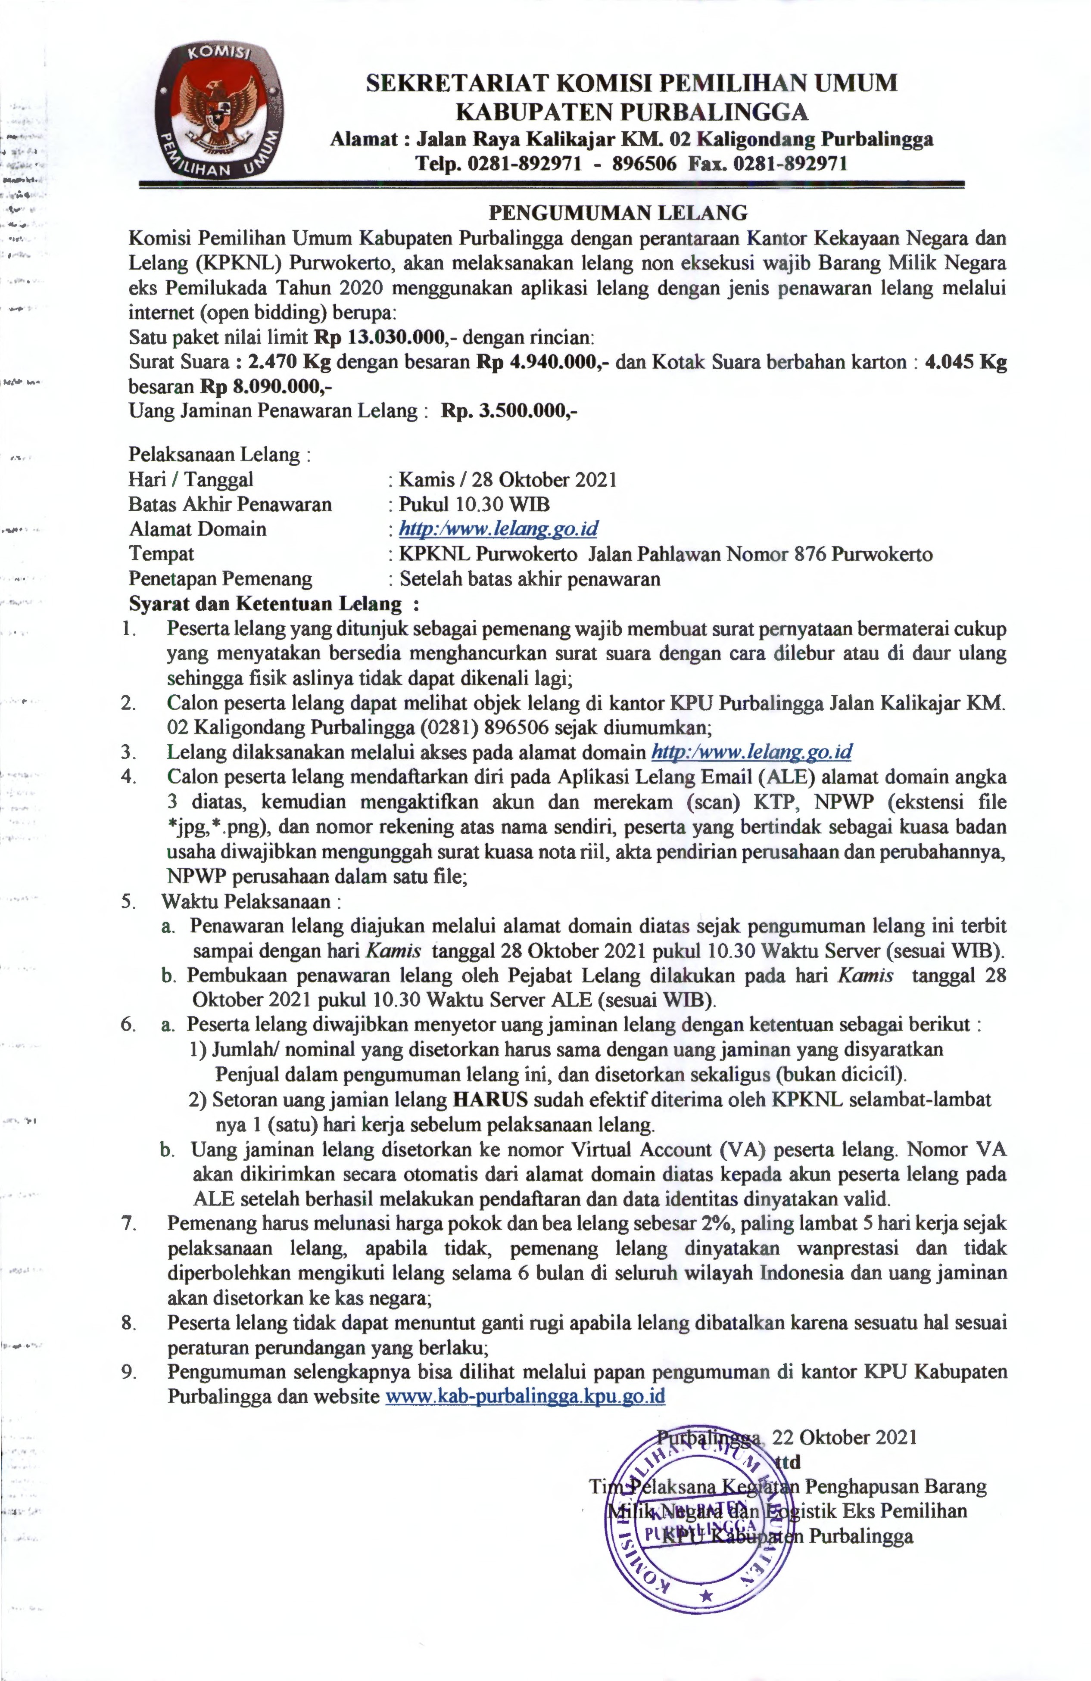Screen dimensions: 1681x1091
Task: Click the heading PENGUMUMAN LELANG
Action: pyautogui.click(x=618, y=212)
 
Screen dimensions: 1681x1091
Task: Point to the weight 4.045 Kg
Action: pyautogui.click(x=965, y=362)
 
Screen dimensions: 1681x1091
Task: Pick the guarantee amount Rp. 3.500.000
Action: pyautogui.click(x=509, y=411)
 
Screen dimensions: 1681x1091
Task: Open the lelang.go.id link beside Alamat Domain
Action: pyautogui.click(x=499, y=529)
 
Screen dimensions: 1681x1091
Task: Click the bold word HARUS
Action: pyautogui.click(x=489, y=1100)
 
